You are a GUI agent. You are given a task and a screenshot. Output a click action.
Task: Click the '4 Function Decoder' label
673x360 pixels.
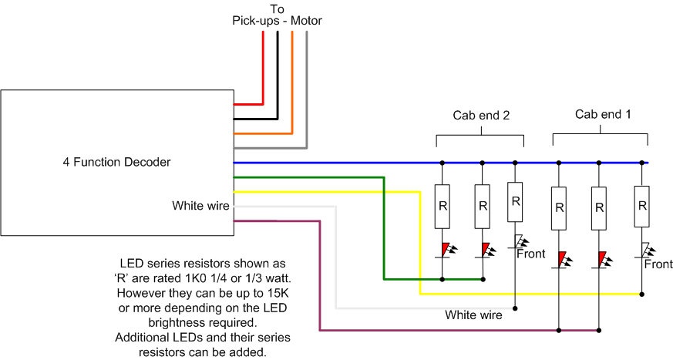point(116,162)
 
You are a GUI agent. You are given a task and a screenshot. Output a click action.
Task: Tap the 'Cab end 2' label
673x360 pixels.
point(481,116)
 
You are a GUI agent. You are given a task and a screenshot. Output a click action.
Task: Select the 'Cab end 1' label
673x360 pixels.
point(603,114)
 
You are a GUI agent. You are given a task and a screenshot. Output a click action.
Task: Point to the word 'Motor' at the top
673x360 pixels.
point(306,21)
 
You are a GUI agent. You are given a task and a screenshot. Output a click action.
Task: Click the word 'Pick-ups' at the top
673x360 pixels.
point(256,21)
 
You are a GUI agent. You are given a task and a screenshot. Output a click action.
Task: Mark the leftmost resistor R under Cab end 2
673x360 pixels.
point(442,207)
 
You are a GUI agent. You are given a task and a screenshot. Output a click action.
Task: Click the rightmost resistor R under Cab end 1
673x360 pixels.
point(642,207)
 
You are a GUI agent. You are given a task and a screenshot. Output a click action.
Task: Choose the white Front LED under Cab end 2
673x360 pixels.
point(520,242)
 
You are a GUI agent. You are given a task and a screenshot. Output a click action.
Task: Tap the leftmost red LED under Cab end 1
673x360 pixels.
point(562,260)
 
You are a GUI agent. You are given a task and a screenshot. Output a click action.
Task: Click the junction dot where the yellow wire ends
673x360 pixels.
point(642,294)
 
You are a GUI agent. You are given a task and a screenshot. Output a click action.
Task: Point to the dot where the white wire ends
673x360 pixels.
point(515,308)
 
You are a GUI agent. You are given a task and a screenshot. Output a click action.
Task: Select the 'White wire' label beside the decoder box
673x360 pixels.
point(201,206)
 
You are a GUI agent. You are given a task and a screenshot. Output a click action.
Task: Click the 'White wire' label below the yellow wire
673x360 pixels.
point(473,315)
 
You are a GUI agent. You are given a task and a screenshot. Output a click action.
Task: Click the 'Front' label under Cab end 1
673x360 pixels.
point(658,264)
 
